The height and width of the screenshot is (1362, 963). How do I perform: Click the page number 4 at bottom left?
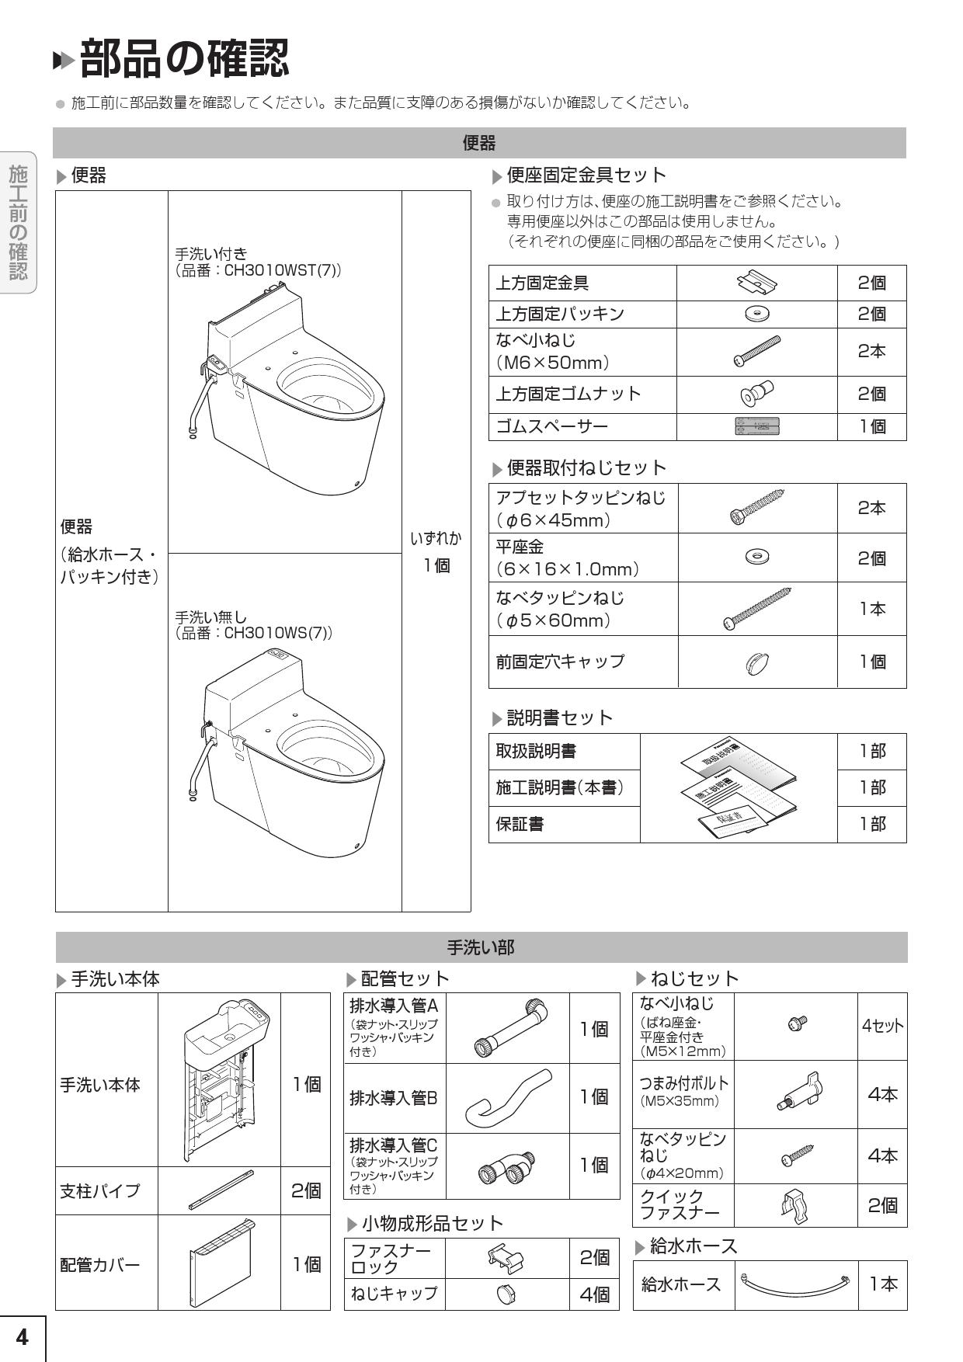22,1337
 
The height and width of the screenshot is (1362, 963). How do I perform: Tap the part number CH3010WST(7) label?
258,271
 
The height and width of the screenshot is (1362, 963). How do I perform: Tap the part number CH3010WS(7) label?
253,633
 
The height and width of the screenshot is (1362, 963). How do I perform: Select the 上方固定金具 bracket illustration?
756,283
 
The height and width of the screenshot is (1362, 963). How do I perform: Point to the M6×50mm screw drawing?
756,351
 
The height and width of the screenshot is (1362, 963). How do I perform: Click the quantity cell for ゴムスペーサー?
871,426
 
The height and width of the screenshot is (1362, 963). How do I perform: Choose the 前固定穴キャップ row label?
560,662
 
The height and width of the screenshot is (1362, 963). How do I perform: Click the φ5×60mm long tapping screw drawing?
756,609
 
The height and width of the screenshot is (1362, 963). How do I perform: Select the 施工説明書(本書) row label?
560,787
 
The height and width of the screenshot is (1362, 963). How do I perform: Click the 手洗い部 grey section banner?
481,947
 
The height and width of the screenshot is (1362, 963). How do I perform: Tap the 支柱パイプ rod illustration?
221,1190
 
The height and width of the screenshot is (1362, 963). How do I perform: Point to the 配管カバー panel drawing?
221,1264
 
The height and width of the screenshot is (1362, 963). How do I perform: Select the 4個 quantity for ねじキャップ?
594,1294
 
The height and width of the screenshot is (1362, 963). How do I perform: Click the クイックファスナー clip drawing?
795,1206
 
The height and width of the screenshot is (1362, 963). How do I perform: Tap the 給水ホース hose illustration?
795,1284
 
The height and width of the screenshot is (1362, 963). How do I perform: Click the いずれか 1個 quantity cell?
436,551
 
